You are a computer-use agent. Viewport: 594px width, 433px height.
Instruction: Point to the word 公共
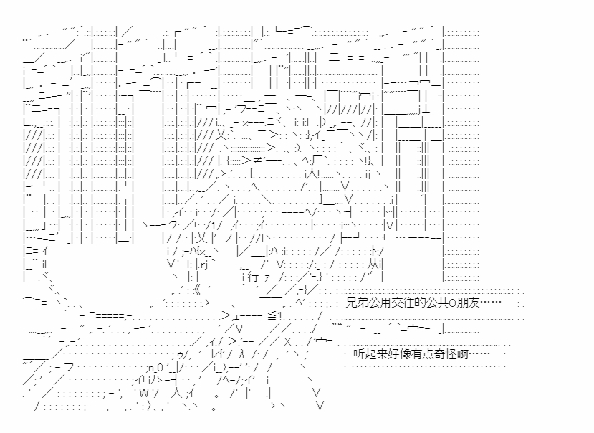click(x=449, y=303)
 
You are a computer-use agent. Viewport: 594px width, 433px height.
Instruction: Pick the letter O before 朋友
click(x=464, y=303)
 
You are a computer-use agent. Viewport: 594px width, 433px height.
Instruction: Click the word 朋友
click(x=477, y=303)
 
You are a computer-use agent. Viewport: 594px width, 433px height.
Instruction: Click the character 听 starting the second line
click(x=359, y=354)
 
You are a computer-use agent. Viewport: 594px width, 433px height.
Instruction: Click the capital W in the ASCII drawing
click(x=143, y=392)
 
